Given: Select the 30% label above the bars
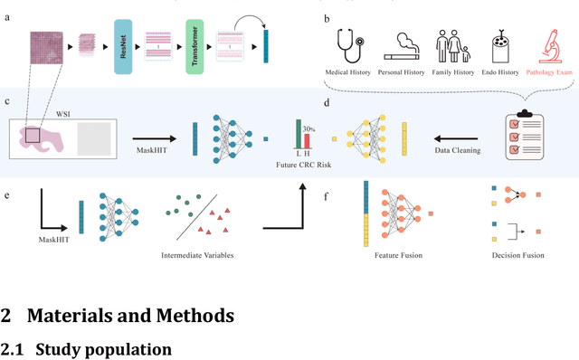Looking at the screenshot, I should pos(308,128).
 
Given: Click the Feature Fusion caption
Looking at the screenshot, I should pos(394,254).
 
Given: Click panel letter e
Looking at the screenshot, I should pos(7,193).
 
